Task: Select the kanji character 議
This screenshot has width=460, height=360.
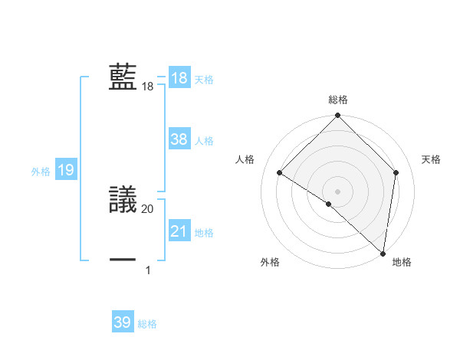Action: point(123,201)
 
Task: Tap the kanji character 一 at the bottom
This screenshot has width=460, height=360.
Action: point(123,260)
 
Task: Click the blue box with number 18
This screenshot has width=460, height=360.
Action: point(179,78)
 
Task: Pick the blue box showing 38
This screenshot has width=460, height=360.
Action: point(179,139)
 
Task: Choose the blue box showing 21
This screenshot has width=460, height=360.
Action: point(179,231)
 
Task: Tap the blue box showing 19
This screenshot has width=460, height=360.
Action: point(65,170)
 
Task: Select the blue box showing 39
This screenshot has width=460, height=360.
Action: point(123,322)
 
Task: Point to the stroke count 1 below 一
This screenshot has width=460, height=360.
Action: point(148,270)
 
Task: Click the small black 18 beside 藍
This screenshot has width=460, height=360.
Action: point(148,87)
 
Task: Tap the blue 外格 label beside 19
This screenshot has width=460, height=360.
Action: point(41,172)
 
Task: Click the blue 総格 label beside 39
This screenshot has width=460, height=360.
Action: point(147,324)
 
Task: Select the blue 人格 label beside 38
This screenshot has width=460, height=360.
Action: point(204,141)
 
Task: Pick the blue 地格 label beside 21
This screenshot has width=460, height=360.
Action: point(204,233)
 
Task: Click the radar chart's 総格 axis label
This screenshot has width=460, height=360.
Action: point(337,100)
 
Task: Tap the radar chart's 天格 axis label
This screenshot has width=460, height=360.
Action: point(431,159)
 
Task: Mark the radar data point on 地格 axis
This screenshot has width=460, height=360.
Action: point(383,253)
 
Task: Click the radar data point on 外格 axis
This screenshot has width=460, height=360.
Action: point(329,204)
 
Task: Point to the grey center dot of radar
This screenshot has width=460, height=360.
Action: point(337,191)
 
